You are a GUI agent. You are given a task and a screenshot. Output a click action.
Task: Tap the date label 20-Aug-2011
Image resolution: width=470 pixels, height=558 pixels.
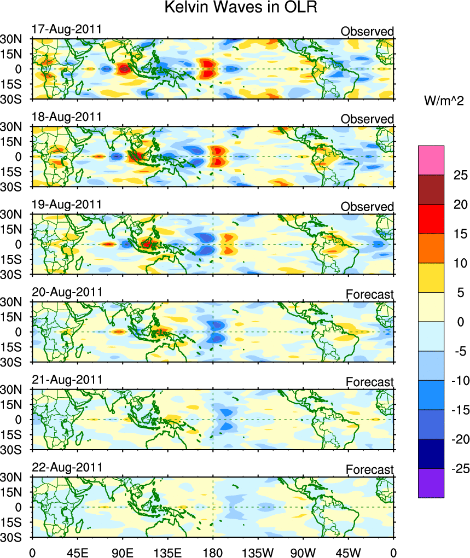[x=67, y=292]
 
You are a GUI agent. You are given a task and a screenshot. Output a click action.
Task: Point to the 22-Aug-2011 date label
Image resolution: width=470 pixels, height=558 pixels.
[x=67, y=467]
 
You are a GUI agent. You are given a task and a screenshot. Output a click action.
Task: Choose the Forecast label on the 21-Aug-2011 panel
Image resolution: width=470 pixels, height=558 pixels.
[x=369, y=382]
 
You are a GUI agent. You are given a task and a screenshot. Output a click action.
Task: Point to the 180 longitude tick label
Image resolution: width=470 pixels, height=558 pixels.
[x=213, y=550]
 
